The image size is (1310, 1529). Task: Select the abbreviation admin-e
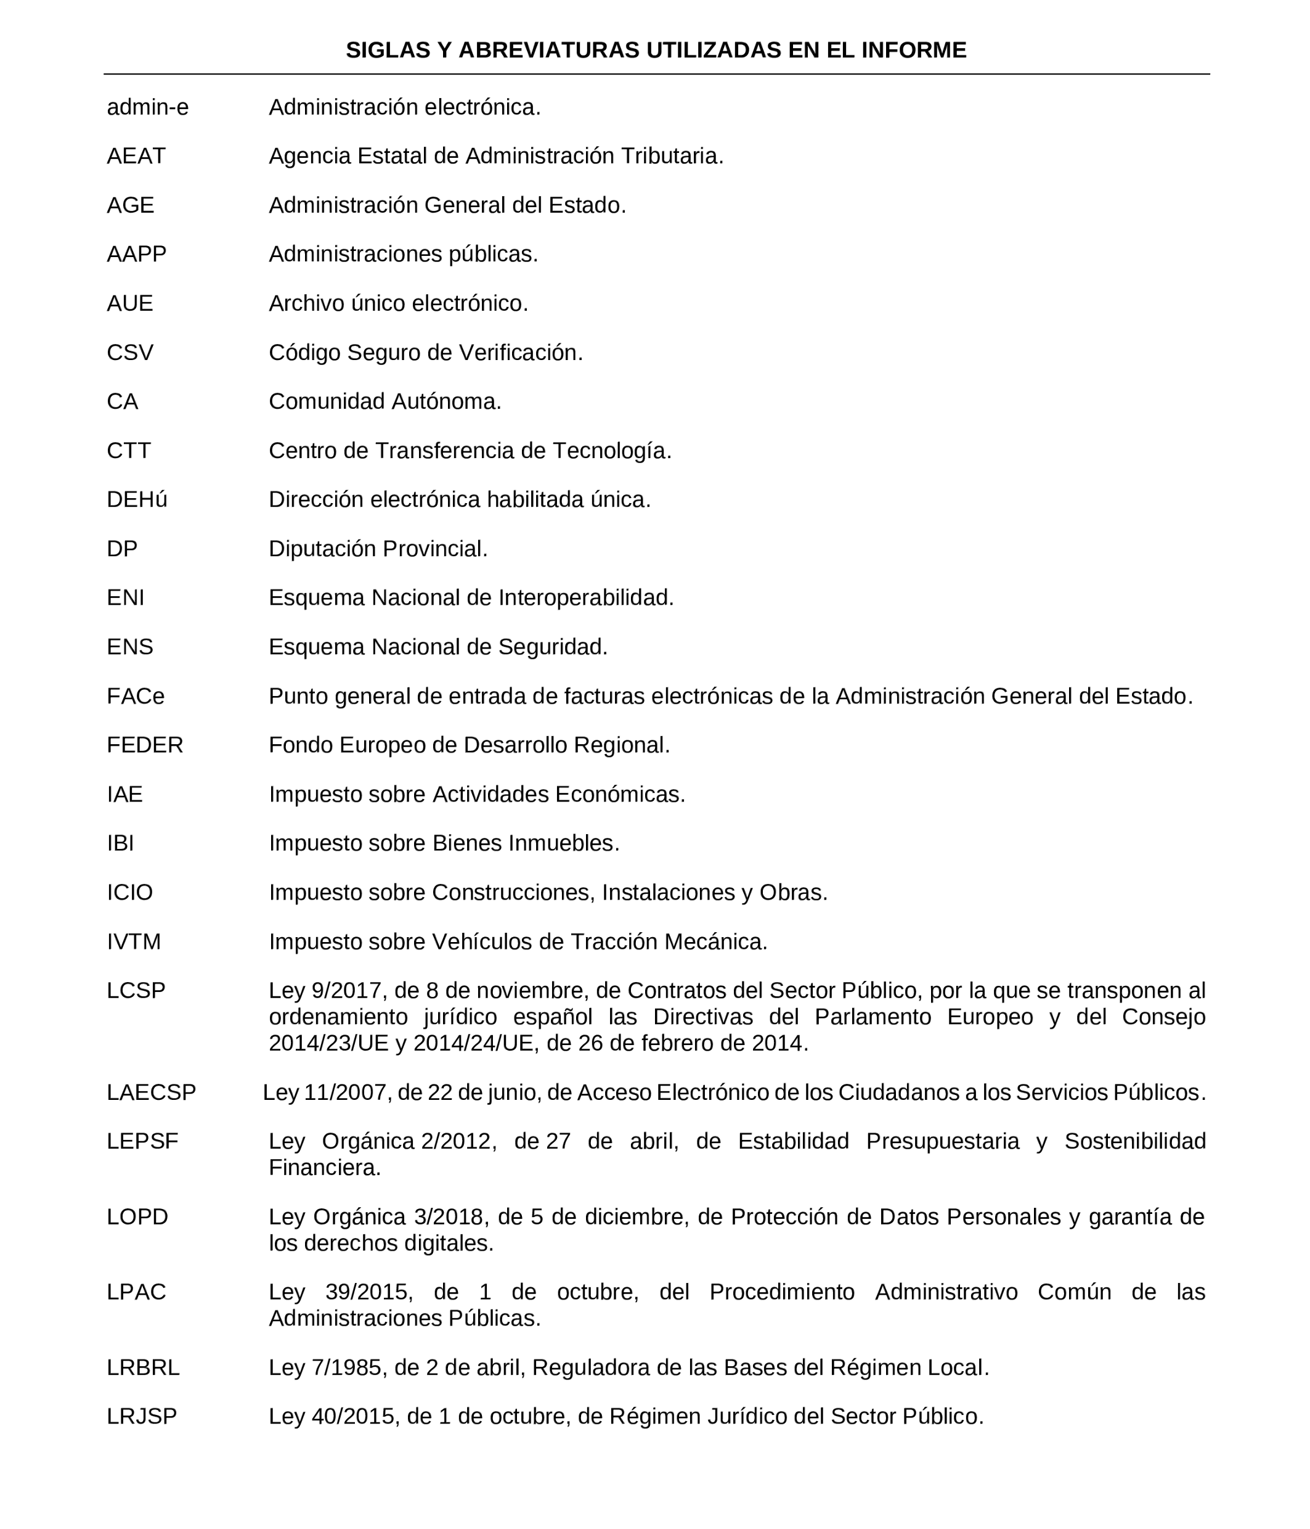(x=147, y=108)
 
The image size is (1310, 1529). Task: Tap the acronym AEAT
(x=136, y=157)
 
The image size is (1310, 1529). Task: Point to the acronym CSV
(x=130, y=353)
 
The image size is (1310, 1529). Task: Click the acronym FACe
(x=136, y=696)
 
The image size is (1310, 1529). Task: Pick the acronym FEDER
(x=145, y=745)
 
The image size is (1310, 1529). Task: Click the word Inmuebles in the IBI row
(x=563, y=843)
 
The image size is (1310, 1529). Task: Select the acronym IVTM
(x=134, y=941)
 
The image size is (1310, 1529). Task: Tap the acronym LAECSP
(x=151, y=1092)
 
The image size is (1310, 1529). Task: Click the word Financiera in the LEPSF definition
(x=325, y=1168)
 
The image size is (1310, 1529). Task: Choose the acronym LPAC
(x=136, y=1292)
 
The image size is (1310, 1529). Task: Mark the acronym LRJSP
(x=142, y=1417)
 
